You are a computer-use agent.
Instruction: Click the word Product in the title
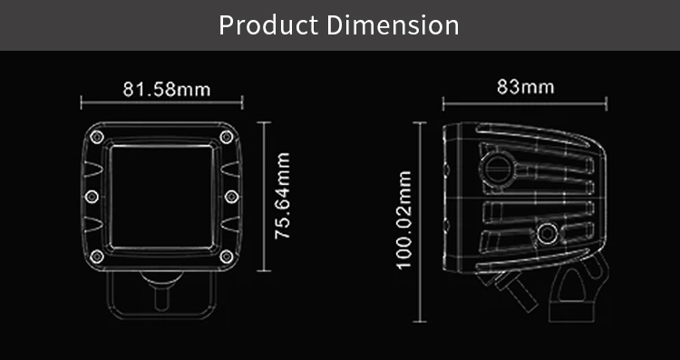268,25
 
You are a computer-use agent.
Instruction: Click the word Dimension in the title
393,25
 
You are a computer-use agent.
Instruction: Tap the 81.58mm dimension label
167,90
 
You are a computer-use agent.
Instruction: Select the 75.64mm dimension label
282,196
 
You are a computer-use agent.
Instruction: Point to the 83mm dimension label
525,87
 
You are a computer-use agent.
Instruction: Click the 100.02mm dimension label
403,220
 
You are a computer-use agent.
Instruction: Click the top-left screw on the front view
97,137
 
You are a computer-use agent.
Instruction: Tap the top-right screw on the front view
227,137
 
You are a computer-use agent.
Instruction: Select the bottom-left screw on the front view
97,257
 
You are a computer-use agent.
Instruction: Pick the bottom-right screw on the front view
227,257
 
